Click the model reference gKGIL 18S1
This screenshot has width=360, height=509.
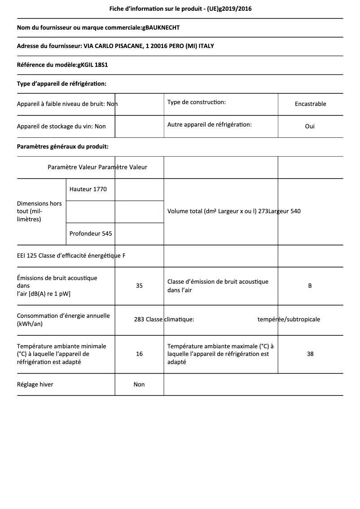coord(92,65)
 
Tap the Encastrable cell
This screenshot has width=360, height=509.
coord(310,104)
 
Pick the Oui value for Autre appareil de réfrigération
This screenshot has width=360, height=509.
coord(310,126)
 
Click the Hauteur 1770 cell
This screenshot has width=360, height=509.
coord(88,189)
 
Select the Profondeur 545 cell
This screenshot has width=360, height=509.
coord(91,233)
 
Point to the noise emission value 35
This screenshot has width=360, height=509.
coord(139,285)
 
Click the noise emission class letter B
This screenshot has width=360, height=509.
coord(310,285)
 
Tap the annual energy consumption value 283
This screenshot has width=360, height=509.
coord(139,320)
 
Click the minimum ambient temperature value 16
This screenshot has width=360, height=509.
coord(139,354)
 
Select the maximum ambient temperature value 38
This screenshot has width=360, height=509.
coord(310,354)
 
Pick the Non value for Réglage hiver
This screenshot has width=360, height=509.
coord(139,384)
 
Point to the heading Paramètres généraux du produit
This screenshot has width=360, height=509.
coord(62,146)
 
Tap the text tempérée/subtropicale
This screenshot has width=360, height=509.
coord(289,320)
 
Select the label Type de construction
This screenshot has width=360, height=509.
coord(197,102)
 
